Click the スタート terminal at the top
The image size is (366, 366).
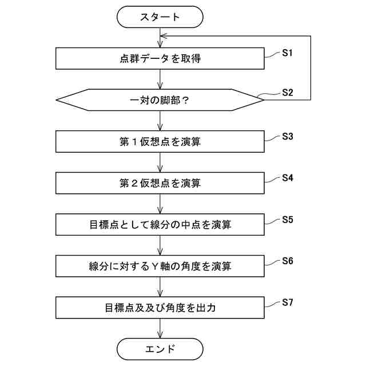[160, 17]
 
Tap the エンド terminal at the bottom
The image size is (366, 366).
[160, 349]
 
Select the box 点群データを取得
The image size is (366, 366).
[160, 58]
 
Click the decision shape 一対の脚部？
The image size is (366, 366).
[160, 100]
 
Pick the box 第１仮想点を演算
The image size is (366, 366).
[160, 142]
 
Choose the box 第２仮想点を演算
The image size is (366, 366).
[160, 183]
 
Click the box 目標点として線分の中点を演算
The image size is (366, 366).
[160, 225]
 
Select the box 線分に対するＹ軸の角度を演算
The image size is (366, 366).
[160, 266]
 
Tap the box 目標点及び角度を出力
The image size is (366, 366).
[160, 308]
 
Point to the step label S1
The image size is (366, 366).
[287, 53]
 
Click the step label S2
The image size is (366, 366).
[287, 92]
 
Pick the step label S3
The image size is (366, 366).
[287, 137]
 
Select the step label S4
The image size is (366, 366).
[287, 178]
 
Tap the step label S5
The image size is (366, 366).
[287, 220]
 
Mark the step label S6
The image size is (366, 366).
[287, 261]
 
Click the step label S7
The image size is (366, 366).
[287, 303]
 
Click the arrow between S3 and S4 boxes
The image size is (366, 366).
[160, 162]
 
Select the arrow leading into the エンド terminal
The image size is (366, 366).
[160, 328]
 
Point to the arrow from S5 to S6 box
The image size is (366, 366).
[160, 245]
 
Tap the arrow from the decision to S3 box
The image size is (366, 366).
[160, 121]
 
